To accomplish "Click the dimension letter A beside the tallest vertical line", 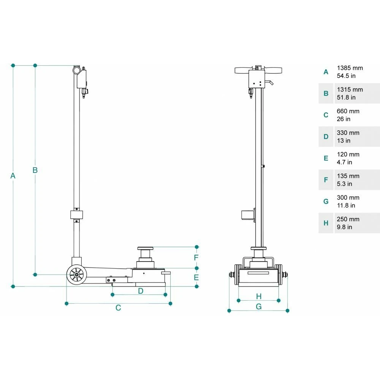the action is click(x=13, y=176).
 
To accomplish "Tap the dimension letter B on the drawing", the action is click(x=35, y=170).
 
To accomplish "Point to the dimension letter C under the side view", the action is click(x=118, y=307).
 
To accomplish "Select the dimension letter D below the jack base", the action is click(x=141, y=291).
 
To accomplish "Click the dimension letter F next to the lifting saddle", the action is click(x=196, y=257).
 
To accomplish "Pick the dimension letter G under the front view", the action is click(x=258, y=307).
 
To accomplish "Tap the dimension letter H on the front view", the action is click(x=259, y=296).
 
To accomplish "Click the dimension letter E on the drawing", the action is click(x=196, y=277).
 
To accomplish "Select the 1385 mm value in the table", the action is click(x=350, y=68).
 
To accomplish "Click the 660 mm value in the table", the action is click(x=348, y=111).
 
